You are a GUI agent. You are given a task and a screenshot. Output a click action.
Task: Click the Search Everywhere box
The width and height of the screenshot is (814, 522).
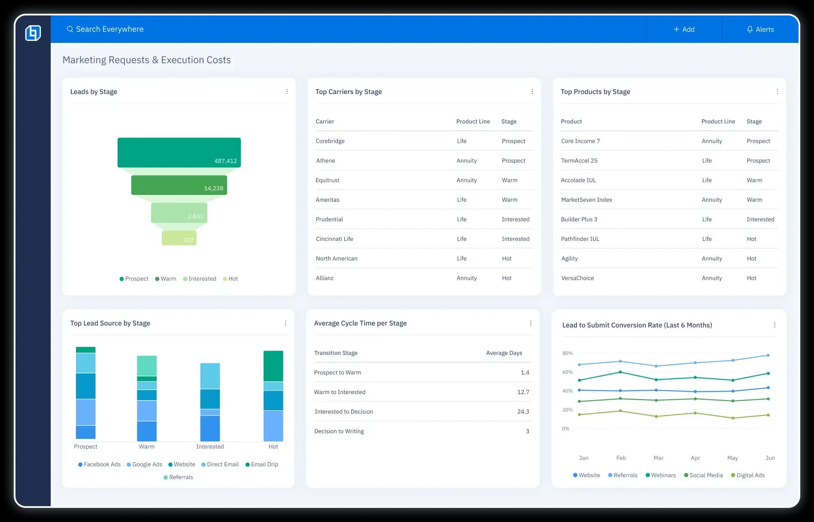click(x=109, y=29)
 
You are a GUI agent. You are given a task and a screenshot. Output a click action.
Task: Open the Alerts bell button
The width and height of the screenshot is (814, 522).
click(x=760, y=29)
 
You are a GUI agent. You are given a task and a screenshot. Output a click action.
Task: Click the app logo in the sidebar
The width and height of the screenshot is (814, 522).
click(x=33, y=33)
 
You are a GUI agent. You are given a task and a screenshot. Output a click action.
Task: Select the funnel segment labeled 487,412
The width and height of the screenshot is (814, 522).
click(x=179, y=152)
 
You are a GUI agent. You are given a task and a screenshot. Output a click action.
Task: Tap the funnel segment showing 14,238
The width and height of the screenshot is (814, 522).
click(x=179, y=185)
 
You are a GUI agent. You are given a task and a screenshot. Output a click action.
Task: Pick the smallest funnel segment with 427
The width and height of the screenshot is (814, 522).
click(x=179, y=238)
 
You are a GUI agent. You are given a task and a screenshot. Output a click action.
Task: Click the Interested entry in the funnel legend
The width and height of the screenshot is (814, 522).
click(x=200, y=279)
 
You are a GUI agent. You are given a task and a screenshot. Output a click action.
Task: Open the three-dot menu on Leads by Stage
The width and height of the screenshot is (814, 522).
click(x=287, y=91)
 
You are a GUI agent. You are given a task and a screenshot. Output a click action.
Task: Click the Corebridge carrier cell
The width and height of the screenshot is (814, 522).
click(x=330, y=141)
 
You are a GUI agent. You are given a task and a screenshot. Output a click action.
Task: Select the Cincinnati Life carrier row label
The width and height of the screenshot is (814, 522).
click(x=334, y=239)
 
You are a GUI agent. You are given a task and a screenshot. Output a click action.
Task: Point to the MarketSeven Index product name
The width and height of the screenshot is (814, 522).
click(x=586, y=200)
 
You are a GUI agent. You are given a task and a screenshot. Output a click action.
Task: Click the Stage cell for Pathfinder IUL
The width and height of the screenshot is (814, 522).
click(x=751, y=239)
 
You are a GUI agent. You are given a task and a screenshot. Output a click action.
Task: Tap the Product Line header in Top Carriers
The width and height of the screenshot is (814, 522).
click(x=473, y=121)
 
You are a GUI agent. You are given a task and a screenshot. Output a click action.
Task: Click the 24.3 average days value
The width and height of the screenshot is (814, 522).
click(x=523, y=412)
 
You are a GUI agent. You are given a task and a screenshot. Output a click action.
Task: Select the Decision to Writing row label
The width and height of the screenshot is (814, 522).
click(x=339, y=431)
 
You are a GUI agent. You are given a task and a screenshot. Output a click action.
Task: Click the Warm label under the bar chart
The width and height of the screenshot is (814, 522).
click(x=146, y=446)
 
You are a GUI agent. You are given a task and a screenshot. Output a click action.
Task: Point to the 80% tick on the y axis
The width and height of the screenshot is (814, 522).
click(x=567, y=353)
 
